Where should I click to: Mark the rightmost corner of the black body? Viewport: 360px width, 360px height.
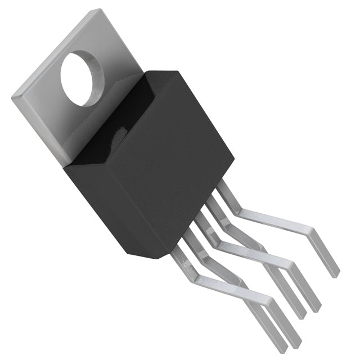click(x=233, y=157)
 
